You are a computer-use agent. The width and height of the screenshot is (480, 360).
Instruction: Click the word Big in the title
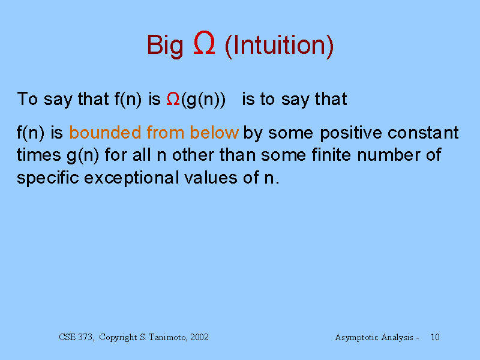pyautogui.click(x=165, y=46)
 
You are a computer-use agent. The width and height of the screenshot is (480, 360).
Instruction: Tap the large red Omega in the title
pyautogui.click(x=204, y=43)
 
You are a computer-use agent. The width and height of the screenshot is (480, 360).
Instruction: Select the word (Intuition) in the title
pyautogui.click(x=279, y=46)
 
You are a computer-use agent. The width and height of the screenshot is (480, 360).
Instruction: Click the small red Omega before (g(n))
pyautogui.click(x=173, y=99)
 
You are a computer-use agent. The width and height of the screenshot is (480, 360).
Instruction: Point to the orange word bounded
pyautogui.click(x=105, y=133)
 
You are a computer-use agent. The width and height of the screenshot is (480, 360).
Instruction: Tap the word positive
pyautogui.click(x=351, y=133)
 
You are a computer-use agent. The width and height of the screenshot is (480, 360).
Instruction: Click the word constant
pyautogui.click(x=423, y=133)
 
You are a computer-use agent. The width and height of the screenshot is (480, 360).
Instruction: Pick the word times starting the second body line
pyautogui.click(x=39, y=155)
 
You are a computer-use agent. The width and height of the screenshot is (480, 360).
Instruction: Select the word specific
pyautogui.click(x=48, y=178)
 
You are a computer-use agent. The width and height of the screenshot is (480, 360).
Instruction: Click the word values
pyautogui.click(x=211, y=178)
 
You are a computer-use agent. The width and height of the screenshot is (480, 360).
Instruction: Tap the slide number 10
pyautogui.click(x=435, y=337)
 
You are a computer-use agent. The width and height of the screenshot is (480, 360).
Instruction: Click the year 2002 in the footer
pyautogui.click(x=199, y=337)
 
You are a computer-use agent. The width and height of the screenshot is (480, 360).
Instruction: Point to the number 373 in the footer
pyautogui.click(x=85, y=337)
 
